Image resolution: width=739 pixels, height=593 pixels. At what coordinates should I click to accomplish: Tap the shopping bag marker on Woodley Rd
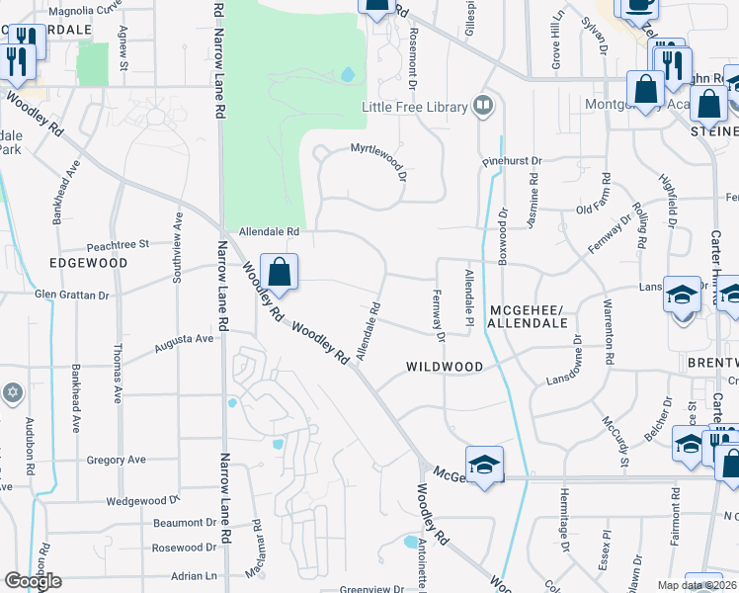[280, 273]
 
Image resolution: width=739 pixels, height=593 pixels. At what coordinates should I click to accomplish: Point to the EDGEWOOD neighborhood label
[87, 264]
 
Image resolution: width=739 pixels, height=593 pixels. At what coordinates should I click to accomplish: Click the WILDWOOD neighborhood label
[445, 367]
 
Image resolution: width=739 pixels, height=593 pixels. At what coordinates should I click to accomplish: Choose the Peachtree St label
[117, 243]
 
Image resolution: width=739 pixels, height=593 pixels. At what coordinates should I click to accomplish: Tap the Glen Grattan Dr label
[71, 295]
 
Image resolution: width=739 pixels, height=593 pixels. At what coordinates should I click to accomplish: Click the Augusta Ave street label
[184, 342]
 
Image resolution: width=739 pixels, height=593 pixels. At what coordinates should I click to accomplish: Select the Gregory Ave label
[116, 460]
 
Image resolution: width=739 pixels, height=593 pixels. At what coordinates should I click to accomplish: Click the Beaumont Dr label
[184, 523]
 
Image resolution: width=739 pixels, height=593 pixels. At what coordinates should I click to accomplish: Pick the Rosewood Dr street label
[184, 547]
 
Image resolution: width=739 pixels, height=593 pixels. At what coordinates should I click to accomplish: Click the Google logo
[33, 581]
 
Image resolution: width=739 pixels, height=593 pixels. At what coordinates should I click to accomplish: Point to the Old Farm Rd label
[601, 209]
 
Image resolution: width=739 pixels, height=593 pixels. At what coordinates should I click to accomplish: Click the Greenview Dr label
[371, 589]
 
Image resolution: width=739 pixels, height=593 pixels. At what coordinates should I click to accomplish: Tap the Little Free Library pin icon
[483, 105]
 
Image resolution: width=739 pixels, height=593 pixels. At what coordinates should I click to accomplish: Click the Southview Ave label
[179, 247]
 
